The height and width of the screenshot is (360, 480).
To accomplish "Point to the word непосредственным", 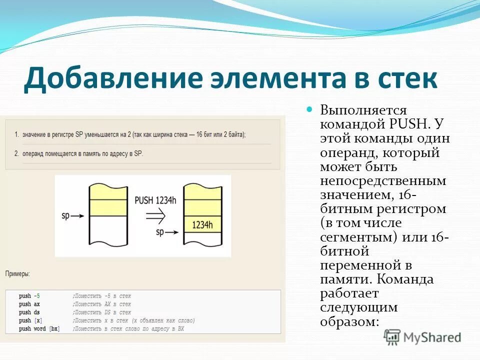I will pos(383,180).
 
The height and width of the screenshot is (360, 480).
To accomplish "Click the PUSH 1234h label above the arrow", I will pos(156,200).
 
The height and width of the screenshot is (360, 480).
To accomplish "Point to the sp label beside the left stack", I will pos(65,216).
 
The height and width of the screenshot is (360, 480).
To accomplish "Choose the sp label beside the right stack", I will pos(160,232).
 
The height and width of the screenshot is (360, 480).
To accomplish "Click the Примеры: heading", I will pos(17,274).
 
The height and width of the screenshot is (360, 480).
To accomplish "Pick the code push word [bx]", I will pos(39,328).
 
